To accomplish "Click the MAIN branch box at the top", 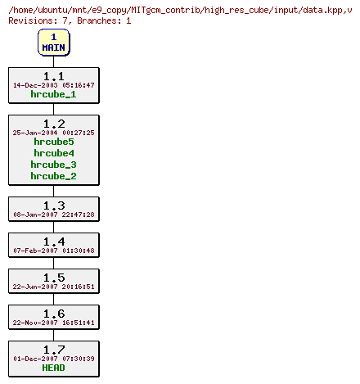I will tap(53, 42).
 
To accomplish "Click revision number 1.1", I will tap(53, 75).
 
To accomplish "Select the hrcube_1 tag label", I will tap(53, 94).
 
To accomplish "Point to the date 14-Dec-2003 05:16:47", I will tap(53, 85).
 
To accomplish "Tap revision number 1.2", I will tap(53, 123).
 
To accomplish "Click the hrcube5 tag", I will tap(53, 142).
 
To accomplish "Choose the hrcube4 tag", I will tap(53, 153).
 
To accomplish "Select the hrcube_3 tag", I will tap(53, 165).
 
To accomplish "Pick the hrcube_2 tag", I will tap(53, 176).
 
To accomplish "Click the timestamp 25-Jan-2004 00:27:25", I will tap(53, 133).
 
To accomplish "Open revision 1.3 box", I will tap(53, 209).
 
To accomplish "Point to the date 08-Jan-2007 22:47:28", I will tap(53, 215).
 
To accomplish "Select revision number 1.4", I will tap(53, 241).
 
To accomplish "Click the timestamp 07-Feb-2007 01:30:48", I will tap(53, 251).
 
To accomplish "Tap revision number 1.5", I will tap(53, 277).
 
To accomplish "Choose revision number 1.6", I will tap(53, 313).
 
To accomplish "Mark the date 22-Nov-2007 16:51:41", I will tap(53, 323).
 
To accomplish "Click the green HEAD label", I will tap(53, 368).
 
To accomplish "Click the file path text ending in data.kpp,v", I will tap(180, 8).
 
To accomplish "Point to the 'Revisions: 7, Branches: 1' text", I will tap(70, 20).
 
